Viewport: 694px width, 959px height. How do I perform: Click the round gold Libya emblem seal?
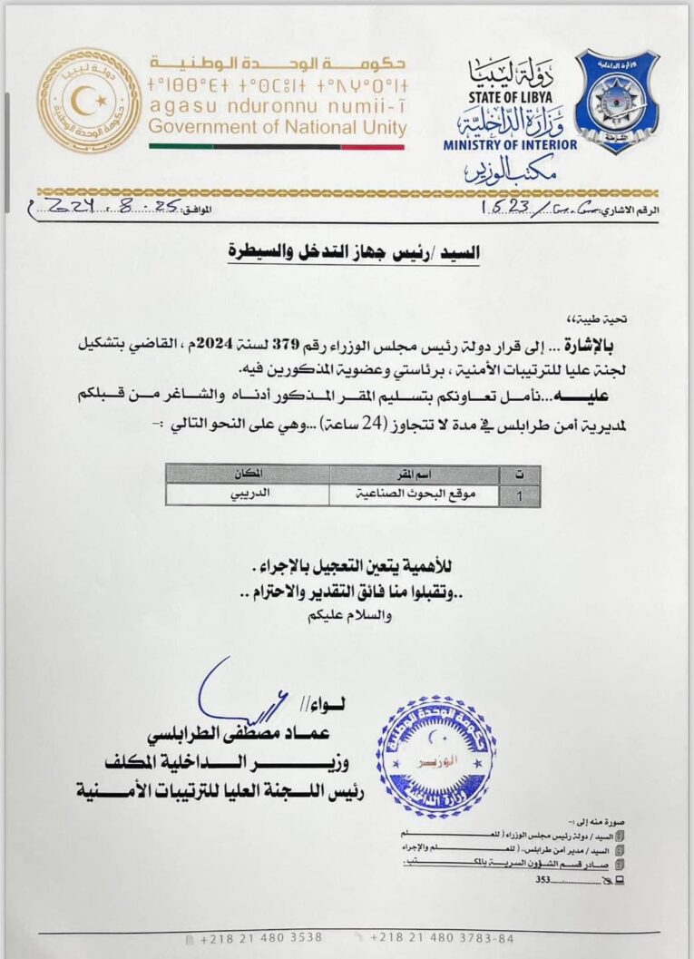point(89,100)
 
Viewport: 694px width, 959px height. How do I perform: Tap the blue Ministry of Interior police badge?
point(616,101)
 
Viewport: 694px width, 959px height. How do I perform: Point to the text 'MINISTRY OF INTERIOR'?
point(510,144)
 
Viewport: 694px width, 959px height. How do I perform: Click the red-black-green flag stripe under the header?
point(278,146)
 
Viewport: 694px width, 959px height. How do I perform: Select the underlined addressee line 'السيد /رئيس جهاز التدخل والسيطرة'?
point(354,249)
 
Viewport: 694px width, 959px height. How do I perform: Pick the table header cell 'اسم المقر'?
point(414,474)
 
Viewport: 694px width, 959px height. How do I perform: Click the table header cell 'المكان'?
point(248,474)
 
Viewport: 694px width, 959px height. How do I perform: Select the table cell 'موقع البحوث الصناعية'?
point(414,495)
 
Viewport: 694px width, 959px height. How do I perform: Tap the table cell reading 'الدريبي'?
point(248,495)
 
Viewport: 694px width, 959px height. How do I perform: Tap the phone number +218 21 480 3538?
point(259,937)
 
